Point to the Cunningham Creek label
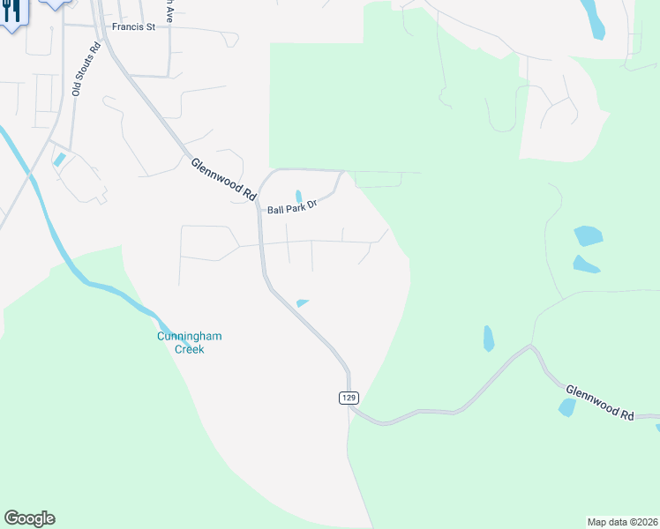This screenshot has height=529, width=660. tap(180, 343)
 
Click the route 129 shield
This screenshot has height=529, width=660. tap(349, 399)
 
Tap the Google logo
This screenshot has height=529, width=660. tap(29, 518)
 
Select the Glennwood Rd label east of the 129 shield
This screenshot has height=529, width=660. tap(600, 401)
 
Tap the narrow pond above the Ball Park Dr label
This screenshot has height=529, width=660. tap(298, 195)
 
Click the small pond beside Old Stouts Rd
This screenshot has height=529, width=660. tap(59, 160)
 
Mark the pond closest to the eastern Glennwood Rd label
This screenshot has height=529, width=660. tap(566, 407)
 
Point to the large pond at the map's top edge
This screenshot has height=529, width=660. tap(592, 18)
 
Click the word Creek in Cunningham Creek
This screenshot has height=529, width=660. tap(188, 349)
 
